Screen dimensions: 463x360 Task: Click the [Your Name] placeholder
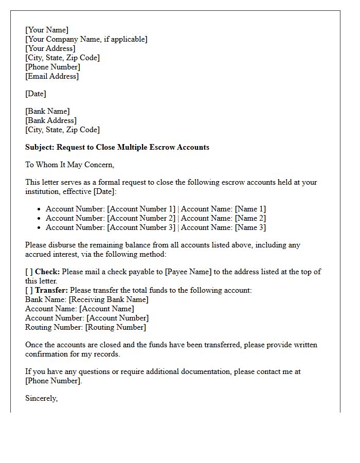47,30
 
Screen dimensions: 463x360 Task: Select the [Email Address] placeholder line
52,76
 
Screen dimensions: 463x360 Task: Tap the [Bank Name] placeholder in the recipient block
47,111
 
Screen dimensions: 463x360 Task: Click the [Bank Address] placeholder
51,120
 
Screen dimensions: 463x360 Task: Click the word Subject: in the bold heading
40,147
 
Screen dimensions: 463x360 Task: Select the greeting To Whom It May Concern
69,165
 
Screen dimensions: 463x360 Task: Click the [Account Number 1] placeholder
141,209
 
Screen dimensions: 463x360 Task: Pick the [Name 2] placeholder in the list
250,218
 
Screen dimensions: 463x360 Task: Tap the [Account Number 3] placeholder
141,227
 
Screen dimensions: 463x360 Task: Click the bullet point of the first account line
39,209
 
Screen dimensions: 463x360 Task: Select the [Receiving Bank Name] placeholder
109,299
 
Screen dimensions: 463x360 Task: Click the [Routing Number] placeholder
116,327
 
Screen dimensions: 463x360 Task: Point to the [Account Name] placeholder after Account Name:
106,309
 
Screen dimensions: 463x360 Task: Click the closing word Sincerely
41,398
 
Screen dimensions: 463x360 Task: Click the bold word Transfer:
51,290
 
